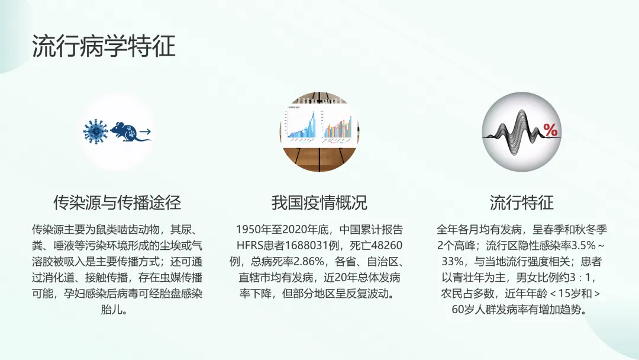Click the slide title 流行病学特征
pos(104,46)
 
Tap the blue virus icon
pos(95,131)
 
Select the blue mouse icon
pos(130,131)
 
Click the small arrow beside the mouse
pos(146,131)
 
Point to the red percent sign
pos(550,130)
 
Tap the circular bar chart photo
pos(319,131)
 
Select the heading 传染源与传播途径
pos(117,202)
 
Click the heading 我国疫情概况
pos(319,202)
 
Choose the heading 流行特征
pos(522,202)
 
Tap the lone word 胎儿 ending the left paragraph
pos(112,310)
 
